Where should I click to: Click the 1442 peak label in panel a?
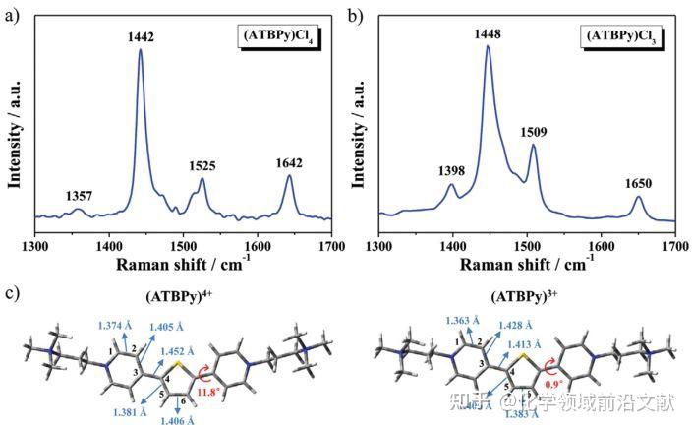pyautogui.click(x=141, y=36)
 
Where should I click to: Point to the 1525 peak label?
pyautogui.click(x=202, y=166)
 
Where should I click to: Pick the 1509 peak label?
pyautogui.click(x=533, y=131)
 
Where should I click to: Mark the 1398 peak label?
pyautogui.click(x=452, y=170)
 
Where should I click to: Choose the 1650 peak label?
pyautogui.click(x=638, y=183)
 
